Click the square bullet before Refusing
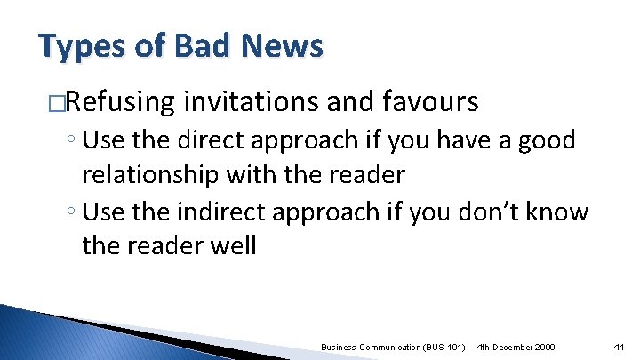click(x=57, y=103)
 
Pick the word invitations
click(x=251, y=103)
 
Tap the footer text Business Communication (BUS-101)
click(x=393, y=346)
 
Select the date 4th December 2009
click(x=516, y=346)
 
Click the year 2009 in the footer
click(x=544, y=346)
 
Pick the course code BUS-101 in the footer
click(x=444, y=346)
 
